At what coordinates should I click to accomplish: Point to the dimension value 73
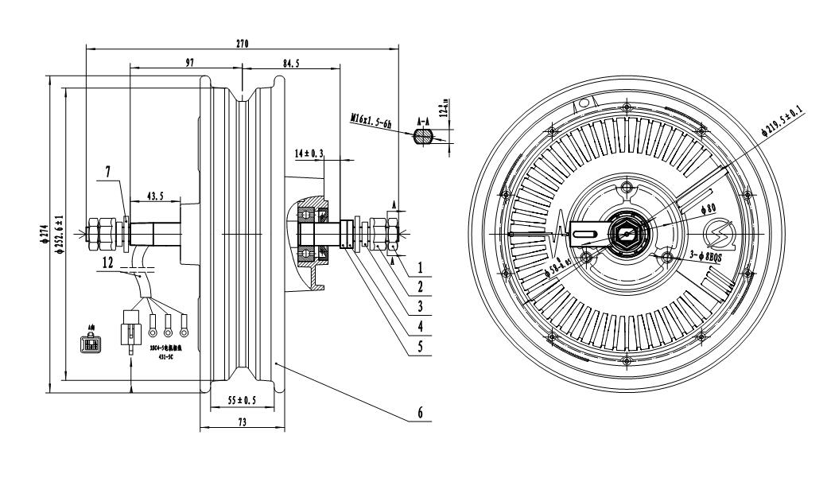coord(241,422)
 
